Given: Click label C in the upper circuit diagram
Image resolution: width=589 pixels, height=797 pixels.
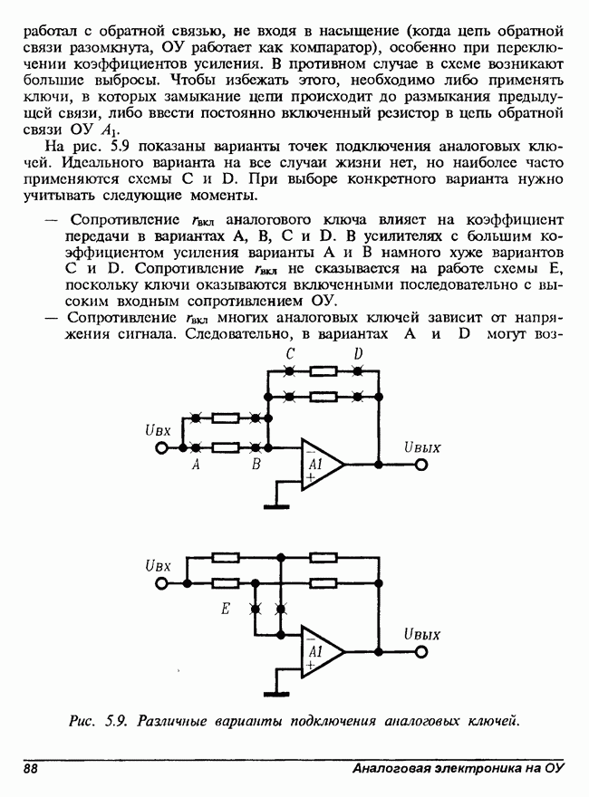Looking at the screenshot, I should pyautogui.click(x=287, y=354).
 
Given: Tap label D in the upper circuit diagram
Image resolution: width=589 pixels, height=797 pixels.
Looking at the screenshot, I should pyautogui.click(x=359, y=354).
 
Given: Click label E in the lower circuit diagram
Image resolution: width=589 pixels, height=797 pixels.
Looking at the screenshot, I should pyautogui.click(x=225, y=610).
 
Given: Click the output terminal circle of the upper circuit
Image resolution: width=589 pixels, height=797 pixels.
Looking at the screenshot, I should pyautogui.click(x=420, y=464).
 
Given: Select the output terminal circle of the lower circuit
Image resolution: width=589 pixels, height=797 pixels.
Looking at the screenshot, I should pyautogui.click(x=420, y=650).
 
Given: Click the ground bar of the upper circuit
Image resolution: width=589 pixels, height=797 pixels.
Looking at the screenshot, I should pyautogui.click(x=274, y=503).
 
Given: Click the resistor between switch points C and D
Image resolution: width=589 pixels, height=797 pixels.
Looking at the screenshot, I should pyautogui.click(x=323, y=371).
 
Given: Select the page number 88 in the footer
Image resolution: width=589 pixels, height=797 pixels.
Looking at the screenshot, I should pyautogui.click(x=31, y=769).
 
